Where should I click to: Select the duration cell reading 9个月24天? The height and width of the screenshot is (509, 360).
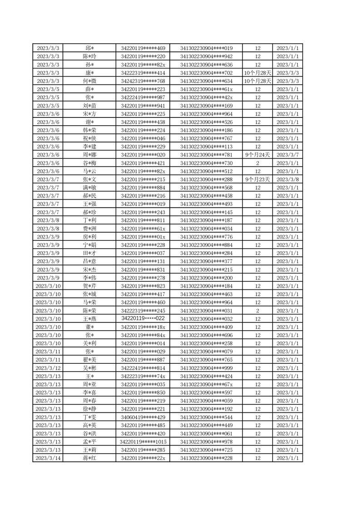pyautogui.click(x=257, y=155)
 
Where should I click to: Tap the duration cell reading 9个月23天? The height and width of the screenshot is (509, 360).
pyautogui.click(x=257, y=179)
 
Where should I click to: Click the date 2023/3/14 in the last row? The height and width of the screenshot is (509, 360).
pyautogui.click(x=49, y=458)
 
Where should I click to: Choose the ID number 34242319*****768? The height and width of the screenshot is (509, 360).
pyautogui.click(x=143, y=81)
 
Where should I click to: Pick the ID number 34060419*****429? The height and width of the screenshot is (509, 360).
pyautogui.click(x=143, y=417)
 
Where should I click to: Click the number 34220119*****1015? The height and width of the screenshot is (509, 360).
pyautogui.click(x=143, y=442)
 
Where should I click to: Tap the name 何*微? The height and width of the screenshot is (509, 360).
pyautogui.click(x=89, y=81)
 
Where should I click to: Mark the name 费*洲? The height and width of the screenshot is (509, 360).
pyautogui.click(x=89, y=229)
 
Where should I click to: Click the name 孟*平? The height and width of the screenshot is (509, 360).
pyautogui.click(x=89, y=442)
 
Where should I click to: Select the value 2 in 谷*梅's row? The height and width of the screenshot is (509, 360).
pyautogui.click(x=257, y=163)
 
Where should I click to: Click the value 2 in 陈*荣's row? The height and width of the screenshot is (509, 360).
pyautogui.click(x=257, y=311)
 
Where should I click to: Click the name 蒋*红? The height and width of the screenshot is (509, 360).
pyautogui.click(x=89, y=458)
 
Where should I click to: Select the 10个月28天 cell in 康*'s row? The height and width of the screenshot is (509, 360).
pyautogui.click(x=257, y=73)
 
